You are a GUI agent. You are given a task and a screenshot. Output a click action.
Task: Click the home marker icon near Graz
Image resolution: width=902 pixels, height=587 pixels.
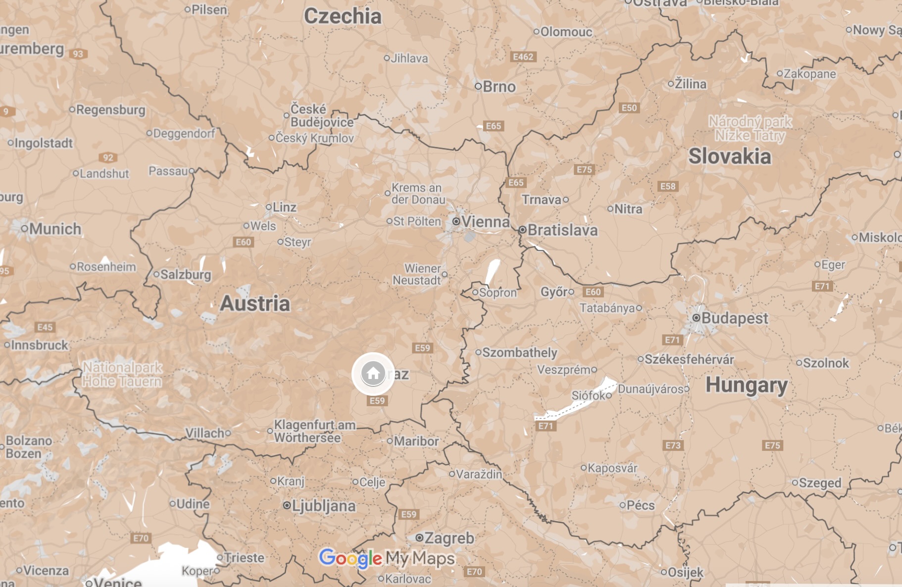[x=373, y=373]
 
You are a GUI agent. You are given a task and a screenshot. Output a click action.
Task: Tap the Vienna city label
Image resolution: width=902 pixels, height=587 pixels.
[x=485, y=222]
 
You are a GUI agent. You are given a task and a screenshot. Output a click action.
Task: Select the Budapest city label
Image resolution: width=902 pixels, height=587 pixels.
[x=734, y=318]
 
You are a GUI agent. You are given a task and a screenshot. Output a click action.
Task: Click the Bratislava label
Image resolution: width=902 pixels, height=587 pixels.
[x=562, y=230]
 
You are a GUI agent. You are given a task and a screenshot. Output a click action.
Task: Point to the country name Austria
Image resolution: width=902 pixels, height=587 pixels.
[x=255, y=304]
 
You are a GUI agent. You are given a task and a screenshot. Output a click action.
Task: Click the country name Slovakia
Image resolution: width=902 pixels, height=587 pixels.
[x=730, y=157]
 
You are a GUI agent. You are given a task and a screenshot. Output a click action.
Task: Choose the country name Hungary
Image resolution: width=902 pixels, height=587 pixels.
[x=746, y=385]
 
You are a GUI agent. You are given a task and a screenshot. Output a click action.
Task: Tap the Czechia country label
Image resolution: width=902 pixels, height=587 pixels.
[x=343, y=16]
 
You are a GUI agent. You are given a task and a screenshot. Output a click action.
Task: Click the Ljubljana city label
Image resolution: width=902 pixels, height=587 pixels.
[x=323, y=506]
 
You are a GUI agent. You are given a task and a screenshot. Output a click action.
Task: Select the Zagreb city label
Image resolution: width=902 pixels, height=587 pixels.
[x=449, y=538]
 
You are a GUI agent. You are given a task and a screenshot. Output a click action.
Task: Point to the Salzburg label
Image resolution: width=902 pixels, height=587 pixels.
[x=186, y=274]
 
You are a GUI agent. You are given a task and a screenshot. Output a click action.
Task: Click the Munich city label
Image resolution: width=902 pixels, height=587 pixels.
[x=55, y=229]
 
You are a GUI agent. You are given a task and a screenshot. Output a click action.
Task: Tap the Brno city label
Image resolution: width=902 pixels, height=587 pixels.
[x=499, y=87]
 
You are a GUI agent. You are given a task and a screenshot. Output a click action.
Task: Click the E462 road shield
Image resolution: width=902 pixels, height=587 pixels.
[x=523, y=57]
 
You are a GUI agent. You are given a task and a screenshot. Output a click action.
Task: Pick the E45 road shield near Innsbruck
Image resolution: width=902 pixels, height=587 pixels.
[x=45, y=327]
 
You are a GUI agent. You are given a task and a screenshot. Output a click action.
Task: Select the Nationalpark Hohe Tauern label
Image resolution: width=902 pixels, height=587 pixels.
[x=122, y=374]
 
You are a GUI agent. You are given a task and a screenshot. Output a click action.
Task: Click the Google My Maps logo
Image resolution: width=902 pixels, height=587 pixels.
[x=387, y=558]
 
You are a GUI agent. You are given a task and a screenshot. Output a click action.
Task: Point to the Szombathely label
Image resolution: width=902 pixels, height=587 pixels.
[x=519, y=353]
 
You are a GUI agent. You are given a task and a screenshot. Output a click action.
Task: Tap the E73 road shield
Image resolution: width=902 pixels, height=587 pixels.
[x=673, y=445]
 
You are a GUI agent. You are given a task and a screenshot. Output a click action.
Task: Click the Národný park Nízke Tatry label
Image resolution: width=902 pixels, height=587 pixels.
[x=750, y=128]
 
